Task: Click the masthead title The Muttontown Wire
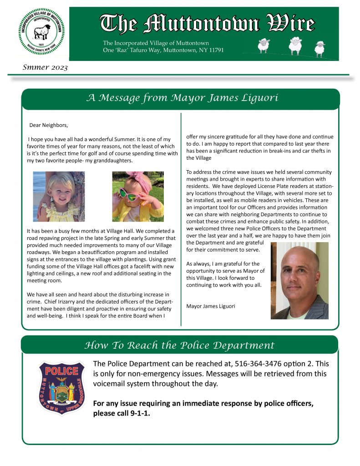pos(207,24)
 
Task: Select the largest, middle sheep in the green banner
pos(295,45)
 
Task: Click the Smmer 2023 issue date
pos(45,68)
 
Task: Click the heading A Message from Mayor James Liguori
pos(182,98)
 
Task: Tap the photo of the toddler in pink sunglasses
pos(138,196)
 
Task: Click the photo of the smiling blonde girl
pos(59,196)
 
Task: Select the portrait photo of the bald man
pos(299,280)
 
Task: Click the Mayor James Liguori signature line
pos(211,306)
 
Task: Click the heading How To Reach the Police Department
pos(180,345)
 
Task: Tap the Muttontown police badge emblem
pos(61,388)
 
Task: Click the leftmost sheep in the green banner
pos(263,45)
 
